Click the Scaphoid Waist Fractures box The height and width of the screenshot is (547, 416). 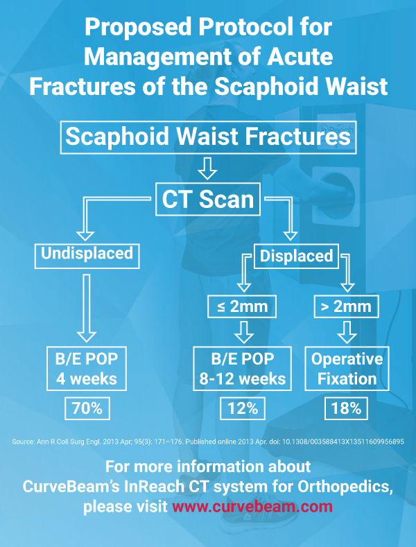[208, 137]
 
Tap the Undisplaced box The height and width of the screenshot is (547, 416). [87, 254]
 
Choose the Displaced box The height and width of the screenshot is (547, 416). [296, 255]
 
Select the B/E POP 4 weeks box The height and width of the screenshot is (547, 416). [87, 369]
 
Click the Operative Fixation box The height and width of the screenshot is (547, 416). [347, 369]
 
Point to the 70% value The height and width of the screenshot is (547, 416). [87, 408]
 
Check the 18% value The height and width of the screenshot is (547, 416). [346, 408]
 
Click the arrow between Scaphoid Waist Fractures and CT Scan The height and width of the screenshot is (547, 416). [208, 168]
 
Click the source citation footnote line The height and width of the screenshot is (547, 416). [208, 441]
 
